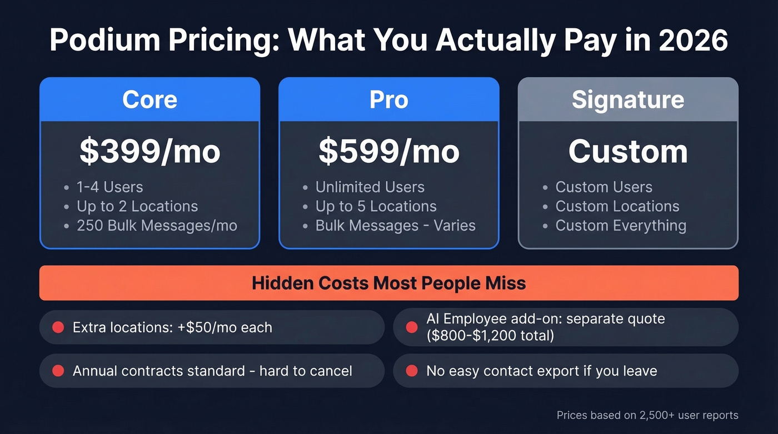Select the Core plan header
(x=149, y=99)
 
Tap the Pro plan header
(x=388, y=99)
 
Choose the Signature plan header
(x=627, y=99)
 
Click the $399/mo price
(x=149, y=151)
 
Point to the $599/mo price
(x=388, y=151)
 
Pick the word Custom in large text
(x=627, y=151)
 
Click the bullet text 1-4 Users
(x=109, y=187)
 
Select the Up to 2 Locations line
(x=137, y=206)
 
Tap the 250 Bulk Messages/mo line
(x=157, y=226)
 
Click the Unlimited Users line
(x=370, y=187)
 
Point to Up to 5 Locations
(x=376, y=206)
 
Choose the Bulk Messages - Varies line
(x=395, y=226)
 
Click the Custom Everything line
(x=621, y=226)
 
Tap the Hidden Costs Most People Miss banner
(x=388, y=283)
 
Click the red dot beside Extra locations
(x=58, y=327)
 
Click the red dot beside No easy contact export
(x=412, y=371)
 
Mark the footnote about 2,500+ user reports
(x=647, y=415)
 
